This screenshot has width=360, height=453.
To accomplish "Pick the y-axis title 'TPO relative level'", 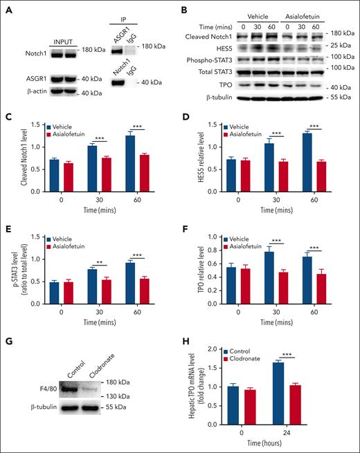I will [x=195, y=268].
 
